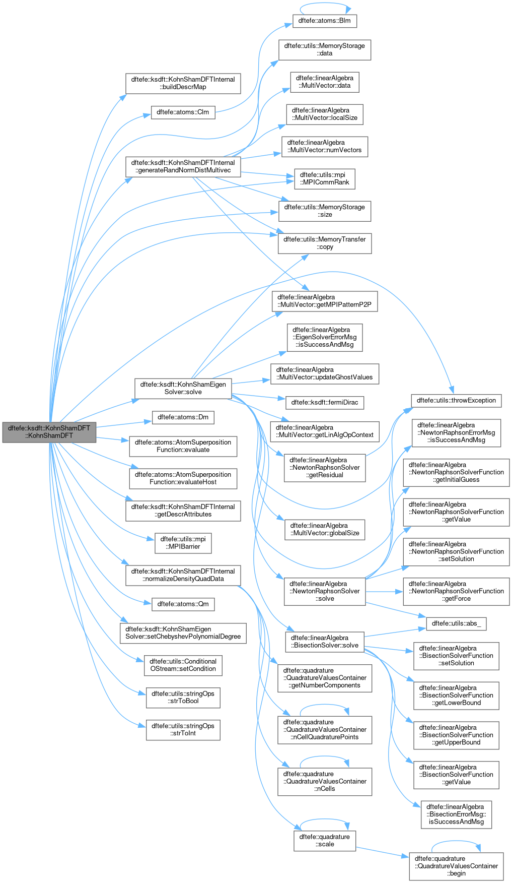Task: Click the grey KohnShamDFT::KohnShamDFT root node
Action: (x=49, y=432)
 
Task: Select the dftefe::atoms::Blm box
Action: (x=325, y=21)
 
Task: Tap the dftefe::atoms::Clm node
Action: (x=183, y=112)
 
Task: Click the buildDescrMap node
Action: (x=183, y=83)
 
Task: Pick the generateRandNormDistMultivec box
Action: (x=183, y=166)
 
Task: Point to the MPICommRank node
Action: (x=325, y=179)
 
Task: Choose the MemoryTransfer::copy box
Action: (x=325, y=243)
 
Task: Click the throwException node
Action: (x=456, y=401)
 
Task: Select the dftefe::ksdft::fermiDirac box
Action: (x=325, y=403)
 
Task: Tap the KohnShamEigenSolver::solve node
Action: (x=183, y=388)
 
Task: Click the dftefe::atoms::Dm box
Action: (x=183, y=417)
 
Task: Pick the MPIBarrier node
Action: (x=183, y=543)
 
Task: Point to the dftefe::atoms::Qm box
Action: (x=183, y=604)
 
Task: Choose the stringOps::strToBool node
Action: (x=183, y=698)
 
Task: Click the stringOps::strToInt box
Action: (x=183, y=730)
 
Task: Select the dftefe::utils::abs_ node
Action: (x=456, y=623)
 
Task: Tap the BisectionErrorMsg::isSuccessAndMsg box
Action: (x=456, y=814)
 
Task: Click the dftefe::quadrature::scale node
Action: (x=325, y=841)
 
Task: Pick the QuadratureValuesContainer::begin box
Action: (x=456, y=866)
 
